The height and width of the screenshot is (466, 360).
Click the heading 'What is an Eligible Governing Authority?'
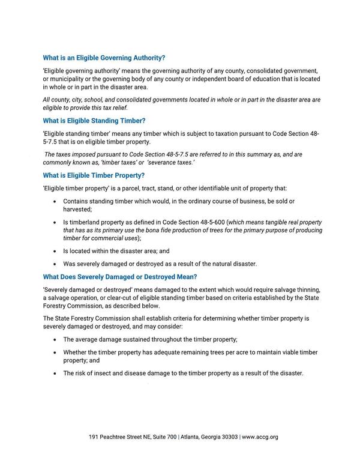coord(104,58)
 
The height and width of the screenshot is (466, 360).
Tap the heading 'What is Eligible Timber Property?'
coord(94,175)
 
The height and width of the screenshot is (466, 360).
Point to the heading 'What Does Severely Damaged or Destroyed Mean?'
coord(119,277)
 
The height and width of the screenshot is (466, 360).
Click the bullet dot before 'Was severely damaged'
coord(55,263)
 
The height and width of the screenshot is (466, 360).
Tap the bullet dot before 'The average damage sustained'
coord(55,339)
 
